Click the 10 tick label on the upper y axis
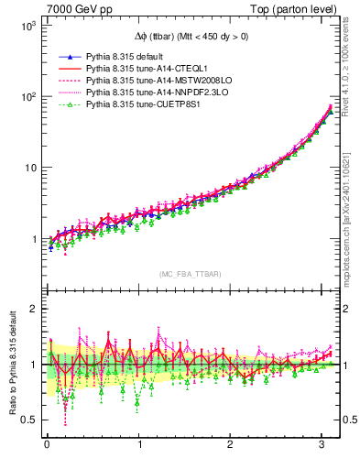pos(29,168)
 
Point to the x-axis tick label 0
pos(47,446)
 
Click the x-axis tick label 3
pos(323,446)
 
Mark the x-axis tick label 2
pos(232,446)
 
